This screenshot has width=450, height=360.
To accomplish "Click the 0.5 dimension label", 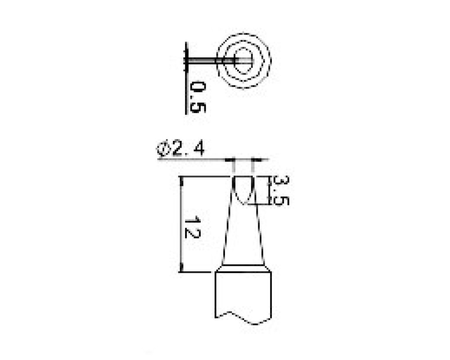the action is (x=198, y=97).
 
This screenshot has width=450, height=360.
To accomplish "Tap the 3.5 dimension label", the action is (x=281, y=191).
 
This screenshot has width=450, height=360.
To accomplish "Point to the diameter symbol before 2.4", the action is (x=164, y=149).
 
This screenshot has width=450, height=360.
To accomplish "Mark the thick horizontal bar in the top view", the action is (x=219, y=61).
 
